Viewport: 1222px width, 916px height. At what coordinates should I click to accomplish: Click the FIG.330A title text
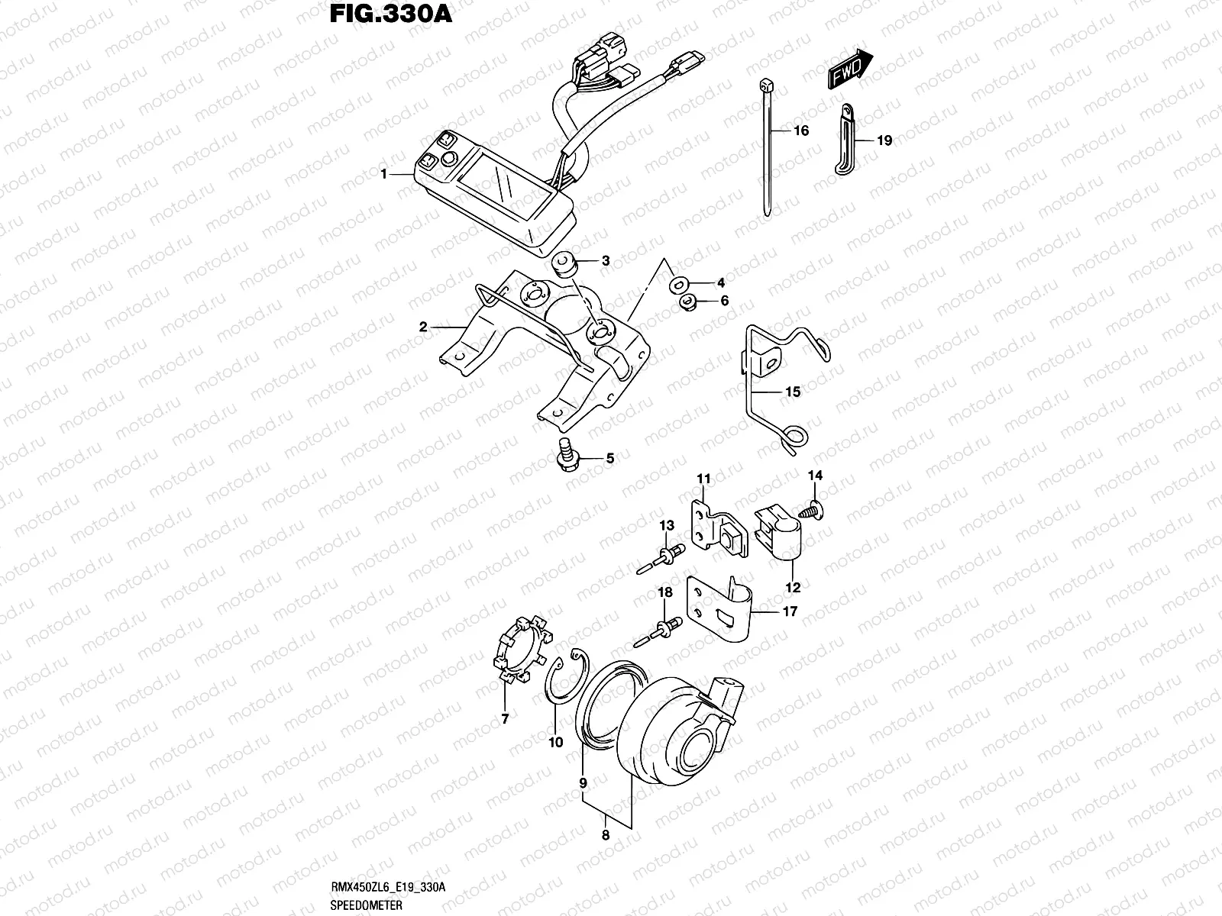tap(390, 15)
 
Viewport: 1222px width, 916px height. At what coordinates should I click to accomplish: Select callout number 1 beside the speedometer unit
tap(385, 175)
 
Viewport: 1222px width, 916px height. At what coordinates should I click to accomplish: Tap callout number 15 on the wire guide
tap(792, 392)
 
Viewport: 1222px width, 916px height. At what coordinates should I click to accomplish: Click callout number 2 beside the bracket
tap(422, 327)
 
